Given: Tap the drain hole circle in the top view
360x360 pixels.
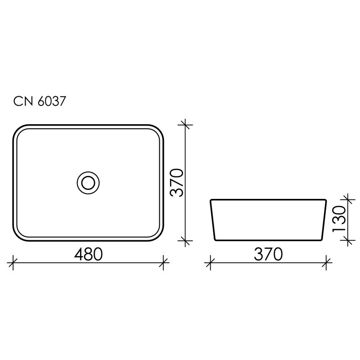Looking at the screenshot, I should (x=88, y=182).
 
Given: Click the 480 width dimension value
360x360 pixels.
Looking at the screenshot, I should (x=88, y=254).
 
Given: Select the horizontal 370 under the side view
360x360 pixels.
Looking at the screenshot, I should (x=268, y=254).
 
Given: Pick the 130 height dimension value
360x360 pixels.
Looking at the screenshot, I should (x=339, y=219).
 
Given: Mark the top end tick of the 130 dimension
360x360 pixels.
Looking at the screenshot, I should (x=346, y=198).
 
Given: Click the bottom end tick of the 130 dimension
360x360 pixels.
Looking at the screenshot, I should (x=346, y=240).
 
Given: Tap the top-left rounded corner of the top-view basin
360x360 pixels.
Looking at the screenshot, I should (x=18, y=129).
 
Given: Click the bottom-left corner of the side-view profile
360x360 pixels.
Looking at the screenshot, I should (x=216, y=239).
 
